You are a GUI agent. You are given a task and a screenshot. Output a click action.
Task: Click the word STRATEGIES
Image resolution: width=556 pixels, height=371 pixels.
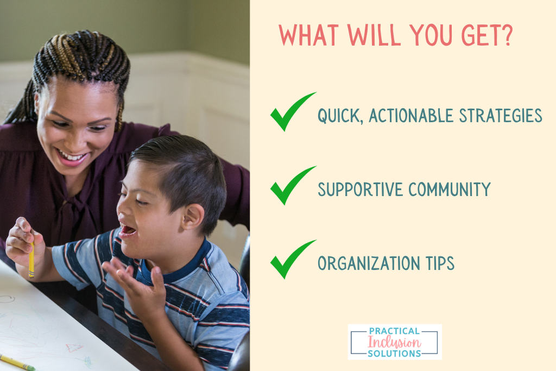coord(500,116)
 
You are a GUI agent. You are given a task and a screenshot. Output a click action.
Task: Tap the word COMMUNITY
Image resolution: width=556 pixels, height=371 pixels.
coord(449,190)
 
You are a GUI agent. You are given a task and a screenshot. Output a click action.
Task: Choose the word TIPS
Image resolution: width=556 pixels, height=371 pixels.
coord(435,263)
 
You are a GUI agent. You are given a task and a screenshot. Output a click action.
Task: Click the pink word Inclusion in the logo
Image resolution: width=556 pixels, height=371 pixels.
coord(394,342)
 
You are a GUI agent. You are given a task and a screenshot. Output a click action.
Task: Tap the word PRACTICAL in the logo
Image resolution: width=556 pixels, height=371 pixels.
coord(394,331)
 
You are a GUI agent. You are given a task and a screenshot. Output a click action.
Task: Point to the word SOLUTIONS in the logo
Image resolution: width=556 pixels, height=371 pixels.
coord(394,353)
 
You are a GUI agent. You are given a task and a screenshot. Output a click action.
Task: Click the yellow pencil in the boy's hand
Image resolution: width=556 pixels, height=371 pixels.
coord(31,259)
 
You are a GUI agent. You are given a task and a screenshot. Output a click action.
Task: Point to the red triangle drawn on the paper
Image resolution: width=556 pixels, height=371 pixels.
coord(74,347)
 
